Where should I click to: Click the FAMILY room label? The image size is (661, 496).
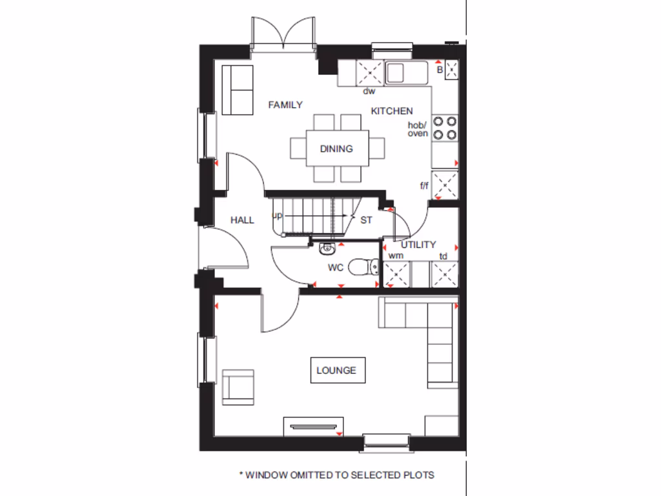[285, 105]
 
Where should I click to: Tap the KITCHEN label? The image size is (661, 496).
[391, 111]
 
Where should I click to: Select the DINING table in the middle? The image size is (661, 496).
[336, 149]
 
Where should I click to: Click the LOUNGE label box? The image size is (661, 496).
[336, 370]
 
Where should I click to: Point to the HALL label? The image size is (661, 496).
[242, 220]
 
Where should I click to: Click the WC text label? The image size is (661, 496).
[336, 267]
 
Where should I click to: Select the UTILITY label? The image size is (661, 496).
[418, 245]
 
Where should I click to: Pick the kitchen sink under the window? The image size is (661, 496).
[396, 72]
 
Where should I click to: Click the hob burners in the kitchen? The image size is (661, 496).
[445, 127]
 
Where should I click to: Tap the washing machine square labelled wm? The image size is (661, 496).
[397, 274]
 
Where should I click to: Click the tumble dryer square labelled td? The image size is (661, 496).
[445, 274]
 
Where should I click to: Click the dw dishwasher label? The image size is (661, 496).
[369, 91]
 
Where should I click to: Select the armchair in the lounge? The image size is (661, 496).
[238, 386]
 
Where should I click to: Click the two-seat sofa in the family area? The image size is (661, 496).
[238, 90]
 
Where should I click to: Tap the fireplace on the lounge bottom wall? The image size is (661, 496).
[313, 426]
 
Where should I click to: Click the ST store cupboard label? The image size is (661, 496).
[366, 220]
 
